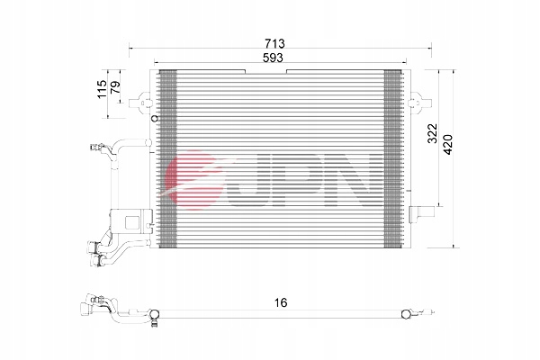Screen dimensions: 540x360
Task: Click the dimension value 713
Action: click(274, 44)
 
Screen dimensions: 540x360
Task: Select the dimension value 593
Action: click(273, 58)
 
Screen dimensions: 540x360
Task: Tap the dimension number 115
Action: click(102, 89)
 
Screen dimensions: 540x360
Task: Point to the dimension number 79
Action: click(115, 87)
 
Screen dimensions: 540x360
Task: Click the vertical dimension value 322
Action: click(432, 133)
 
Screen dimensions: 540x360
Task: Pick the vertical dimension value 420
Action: click(447, 145)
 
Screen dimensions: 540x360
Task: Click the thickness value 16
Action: click(281, 302)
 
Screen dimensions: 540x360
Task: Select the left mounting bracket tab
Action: click(139, 103)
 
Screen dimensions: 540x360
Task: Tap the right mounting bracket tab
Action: click(420, 103)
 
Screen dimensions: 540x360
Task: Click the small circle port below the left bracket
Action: click(155, 119)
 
